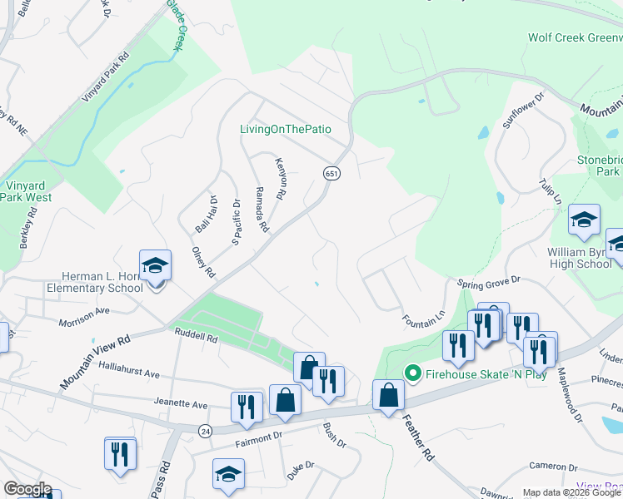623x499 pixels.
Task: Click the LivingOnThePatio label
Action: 286,129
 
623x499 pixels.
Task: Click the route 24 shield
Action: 204,430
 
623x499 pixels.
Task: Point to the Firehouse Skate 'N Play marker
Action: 411,372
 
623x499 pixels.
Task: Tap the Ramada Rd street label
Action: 262,210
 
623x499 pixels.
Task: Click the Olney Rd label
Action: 203,263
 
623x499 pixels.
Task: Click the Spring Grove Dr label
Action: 488,283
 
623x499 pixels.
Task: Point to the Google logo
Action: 27,489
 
